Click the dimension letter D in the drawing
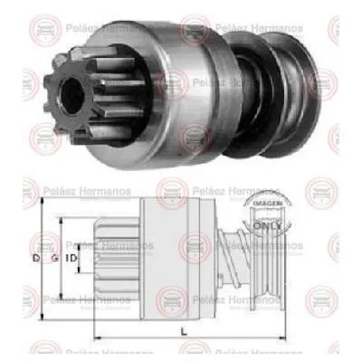pyautogui.click(x=36, y=260)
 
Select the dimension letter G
pyautogui.click(x=57, y=260)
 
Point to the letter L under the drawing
pyautogui.click(x=185, y=332)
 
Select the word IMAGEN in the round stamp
pyautogui.click(x=263, y=205)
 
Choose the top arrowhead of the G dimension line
pyautogui.click(x=61, y=218)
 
